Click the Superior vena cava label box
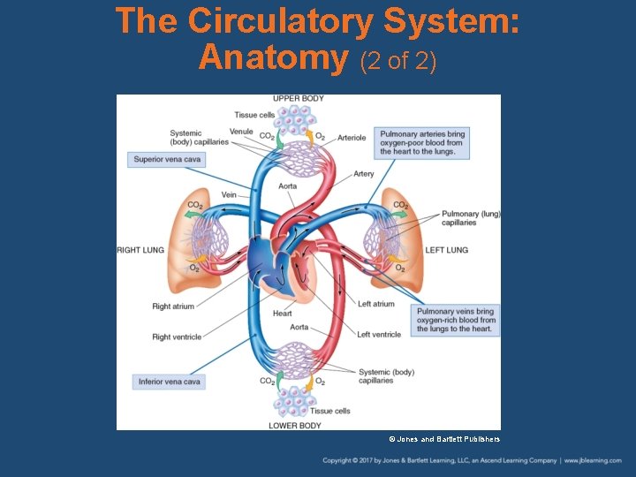pyautogui.click(x=167, y=160)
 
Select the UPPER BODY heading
pyautogui.click(x=298, y=99)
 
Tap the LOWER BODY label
pyautogui.click(x=295, y=426)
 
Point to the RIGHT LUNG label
pyautogui.click(x=140, y=250)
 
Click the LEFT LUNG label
pyautogui.click(x=446, y=250)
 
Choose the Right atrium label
pyautogui.click(x=173, y=307)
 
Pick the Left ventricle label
pyautogui.click(x=379, y=334)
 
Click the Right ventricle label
pyautogui.click(x=177, y=337)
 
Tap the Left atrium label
pyautogui.click(x=376, y=304)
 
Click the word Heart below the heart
pyautogui.click(x=282, y=314)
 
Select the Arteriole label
pyautogui.click(x=352, y=138)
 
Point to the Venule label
pyautogui.click(x=241, y=132)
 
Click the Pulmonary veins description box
pyautogui.click(x=455, y=320)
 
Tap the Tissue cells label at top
pyautogui.click(x=254, y=115)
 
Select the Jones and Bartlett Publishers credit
pyautogui.click(x=444, y=439)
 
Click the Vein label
pyautogui.click(x=229, y=194)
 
